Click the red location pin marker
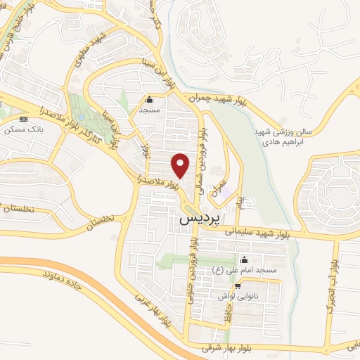point(181,165)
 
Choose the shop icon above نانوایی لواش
point(238,286)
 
